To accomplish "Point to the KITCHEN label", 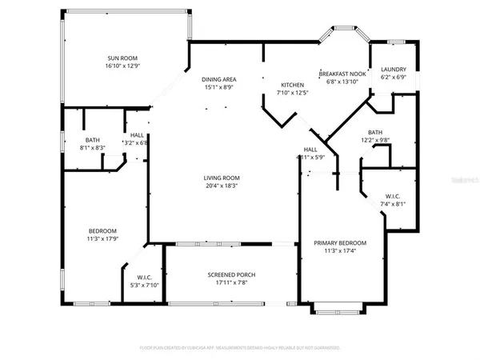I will click(x=292, y=85).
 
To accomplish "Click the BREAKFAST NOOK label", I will click(x=342, y=74).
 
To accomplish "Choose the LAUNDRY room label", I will click(x=393, y=70).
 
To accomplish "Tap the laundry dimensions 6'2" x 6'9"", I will click(x=393, y=78).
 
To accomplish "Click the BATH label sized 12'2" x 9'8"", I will click(x=375, y=132).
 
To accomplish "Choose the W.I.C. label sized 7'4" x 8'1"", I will click(x=393, y=195).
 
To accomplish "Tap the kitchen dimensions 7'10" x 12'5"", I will click(x=292, y=93).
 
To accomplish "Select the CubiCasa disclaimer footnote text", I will click(x=240, y=349).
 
